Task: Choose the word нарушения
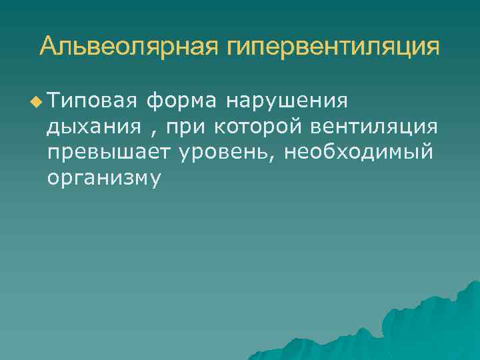287,102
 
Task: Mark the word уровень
223,153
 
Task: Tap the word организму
104,178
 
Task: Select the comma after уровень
273,157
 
